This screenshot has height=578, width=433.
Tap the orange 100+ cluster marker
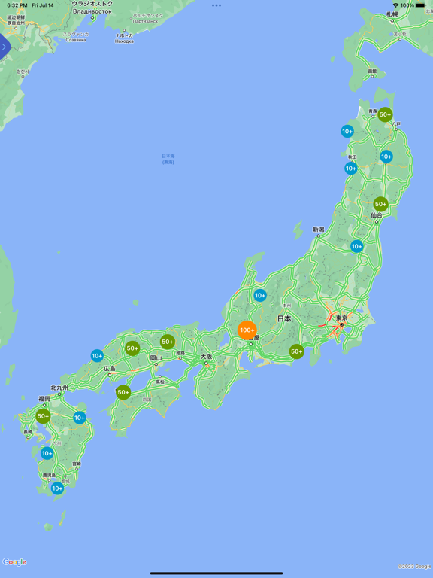pyautogui.click(x=247, y=330)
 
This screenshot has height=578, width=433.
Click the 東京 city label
pyautogui.click(x=341, y=318)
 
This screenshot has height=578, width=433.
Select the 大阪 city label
pyautogui.click(x=205, y=356)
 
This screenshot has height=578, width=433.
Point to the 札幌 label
pyautogui.click(x=392, y=14)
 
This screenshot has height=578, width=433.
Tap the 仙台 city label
pyautogui.click(x=376, y=215)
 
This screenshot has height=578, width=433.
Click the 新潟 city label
pyautogui.click(x=319, y=229)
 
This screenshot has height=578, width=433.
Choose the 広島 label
pyautogui.click(x=110, y=369)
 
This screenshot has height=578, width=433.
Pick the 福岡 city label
pyautogui.click(x=44, y=399)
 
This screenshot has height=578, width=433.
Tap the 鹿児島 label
pyautogui.click(x=49, y=476)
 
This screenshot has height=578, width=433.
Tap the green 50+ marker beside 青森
pyautogui.click(x=385, y=115)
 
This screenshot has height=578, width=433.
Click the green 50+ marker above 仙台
pyautogui.click(x=380, y=204)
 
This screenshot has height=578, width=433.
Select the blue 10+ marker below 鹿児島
pyautogui.click(x=57, y=488)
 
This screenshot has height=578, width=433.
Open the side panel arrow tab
pyautogui.click(x=4, y=47)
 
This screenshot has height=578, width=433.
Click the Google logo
pyautogui.click(x=14, y=562)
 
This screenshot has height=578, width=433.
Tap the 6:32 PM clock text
pyautogui.click(x=17, y=5)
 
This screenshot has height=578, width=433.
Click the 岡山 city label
pyautogui.click(x=156, y=358)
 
